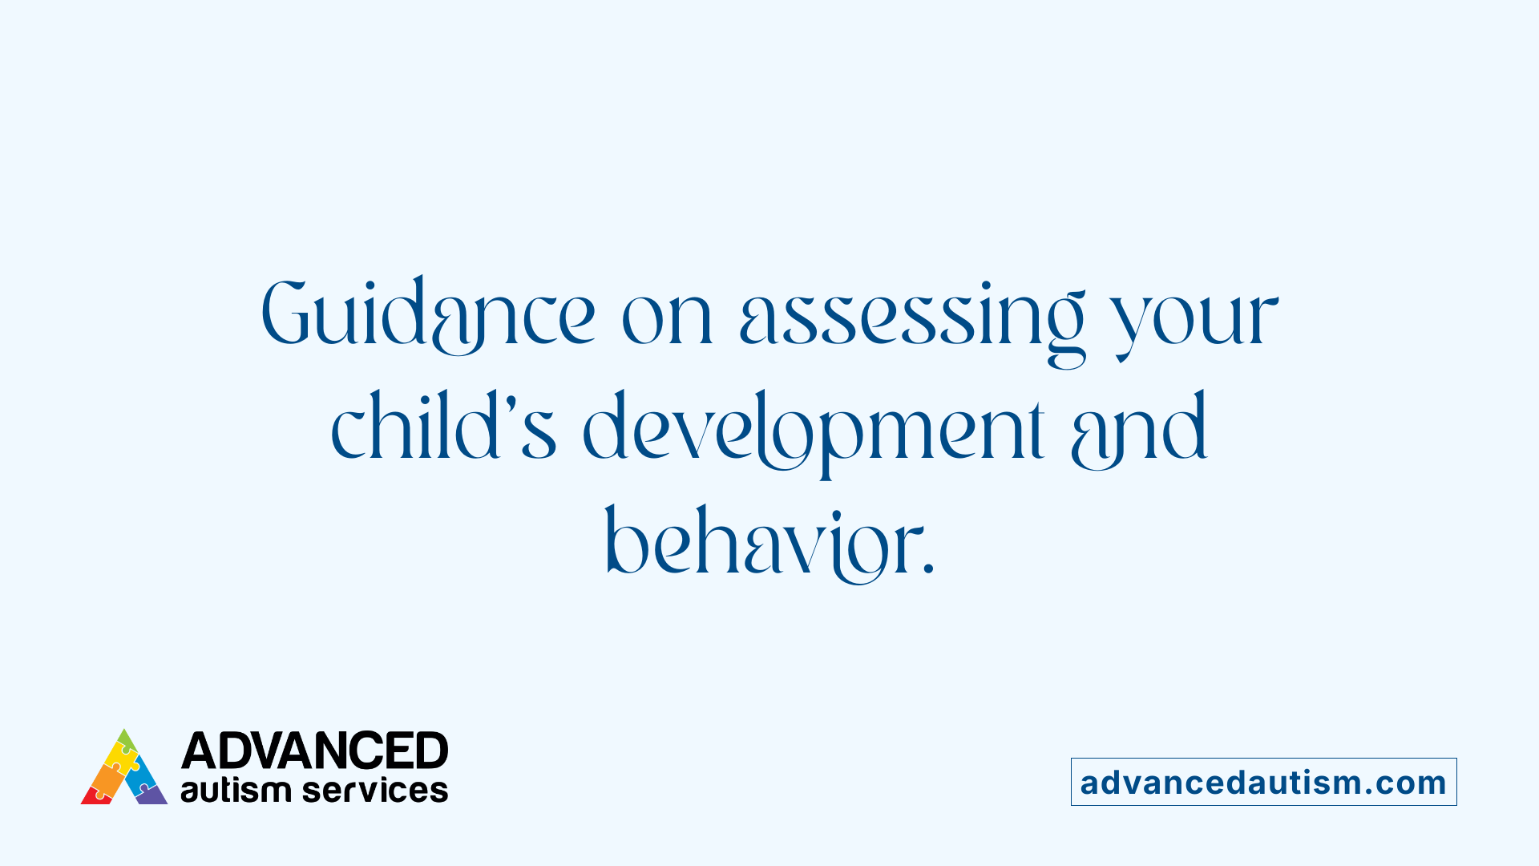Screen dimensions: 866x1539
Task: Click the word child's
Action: tap(443, 427)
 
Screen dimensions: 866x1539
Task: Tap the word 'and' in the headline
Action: tap(1138, 430)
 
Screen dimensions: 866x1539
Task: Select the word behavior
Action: tap(757, 544)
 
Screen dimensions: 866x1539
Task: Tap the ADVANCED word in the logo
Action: tap(314, 751)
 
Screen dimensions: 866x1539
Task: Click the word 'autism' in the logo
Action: tap(235, 791)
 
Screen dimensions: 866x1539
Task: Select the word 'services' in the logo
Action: tap(375, 791)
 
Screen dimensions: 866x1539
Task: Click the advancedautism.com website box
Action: tap(1263, 782)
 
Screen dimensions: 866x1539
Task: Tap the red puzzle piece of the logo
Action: tap(95, 795)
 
